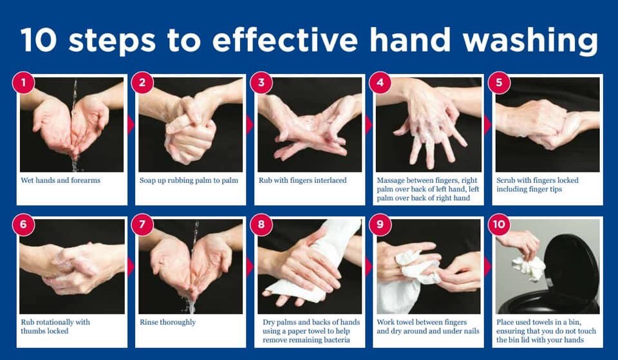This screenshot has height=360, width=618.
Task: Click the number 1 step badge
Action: [x=24, y=83]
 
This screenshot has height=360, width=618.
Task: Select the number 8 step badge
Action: [x=261, y=225]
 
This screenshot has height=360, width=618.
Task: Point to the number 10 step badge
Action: [x=499, y=225]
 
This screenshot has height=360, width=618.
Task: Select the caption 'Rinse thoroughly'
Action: [x=167, y=322]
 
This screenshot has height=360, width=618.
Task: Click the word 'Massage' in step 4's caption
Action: [x=394, y=180]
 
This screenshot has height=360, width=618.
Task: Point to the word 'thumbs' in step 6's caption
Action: [x=34, y=331]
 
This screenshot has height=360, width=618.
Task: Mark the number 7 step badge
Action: [x=142, y=225]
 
